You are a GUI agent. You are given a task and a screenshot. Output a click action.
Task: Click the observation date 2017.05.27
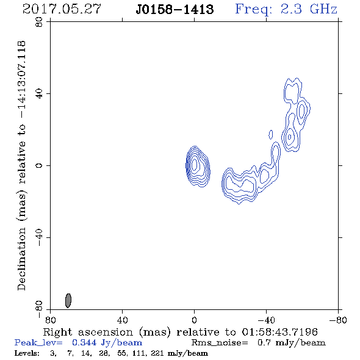tap(62, 9)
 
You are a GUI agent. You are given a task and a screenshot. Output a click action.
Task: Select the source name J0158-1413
tap(175, 9)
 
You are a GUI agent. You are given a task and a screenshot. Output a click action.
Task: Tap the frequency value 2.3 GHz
tap(309, 9)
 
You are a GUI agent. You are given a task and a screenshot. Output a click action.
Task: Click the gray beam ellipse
tap(68, 301)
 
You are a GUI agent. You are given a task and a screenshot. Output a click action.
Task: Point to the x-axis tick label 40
tap(122, 320)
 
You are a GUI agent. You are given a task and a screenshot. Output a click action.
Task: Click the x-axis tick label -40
tap(266, 320)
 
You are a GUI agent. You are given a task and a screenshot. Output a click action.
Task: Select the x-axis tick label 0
tap(194, 320)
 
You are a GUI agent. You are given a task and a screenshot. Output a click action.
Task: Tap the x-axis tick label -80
tap(338, 320)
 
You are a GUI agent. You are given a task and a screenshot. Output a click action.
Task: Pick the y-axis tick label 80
tap(39, 22)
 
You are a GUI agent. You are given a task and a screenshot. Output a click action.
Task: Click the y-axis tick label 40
tap(39, 94)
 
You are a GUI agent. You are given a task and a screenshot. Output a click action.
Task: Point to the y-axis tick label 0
tap(39, 165)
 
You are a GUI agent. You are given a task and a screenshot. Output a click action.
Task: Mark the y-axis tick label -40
tap(39, 237)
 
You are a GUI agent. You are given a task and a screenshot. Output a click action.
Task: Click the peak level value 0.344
tap(84, 342)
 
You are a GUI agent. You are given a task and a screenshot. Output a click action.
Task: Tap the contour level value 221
tap(157, 353)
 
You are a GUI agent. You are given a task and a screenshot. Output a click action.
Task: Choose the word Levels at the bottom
tap(27, 353)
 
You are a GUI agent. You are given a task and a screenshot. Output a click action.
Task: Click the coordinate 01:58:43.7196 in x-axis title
tap(279, 332)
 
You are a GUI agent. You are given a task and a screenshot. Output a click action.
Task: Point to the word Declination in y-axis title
tap(21, 259)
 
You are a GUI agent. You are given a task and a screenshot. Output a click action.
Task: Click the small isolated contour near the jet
tap(271, 134)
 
